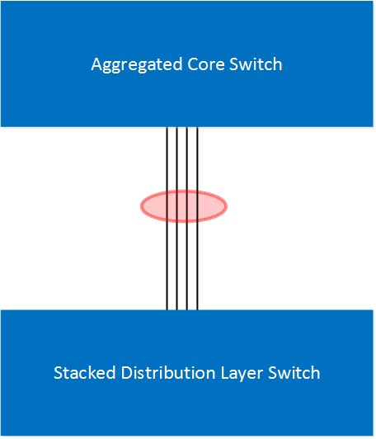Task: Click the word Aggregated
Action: click(x=137, y=65)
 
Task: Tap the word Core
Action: click(x=206, y=64)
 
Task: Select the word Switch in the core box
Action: click(x=256, y=64)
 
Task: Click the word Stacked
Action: click(x=84, y=373)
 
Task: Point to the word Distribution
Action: click(x=168, y=373)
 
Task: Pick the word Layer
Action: click(x=242, y=374)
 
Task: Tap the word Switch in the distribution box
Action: click(x=294, y=373)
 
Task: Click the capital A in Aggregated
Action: click(x=96, y=64)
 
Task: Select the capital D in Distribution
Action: click(x=127, y=373)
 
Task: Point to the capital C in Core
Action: click(x=193, y=64)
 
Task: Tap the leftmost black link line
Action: click(x=167, y=219)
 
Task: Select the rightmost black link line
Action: click(x=197, y=219)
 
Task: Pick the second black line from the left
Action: click(x=176, y=219)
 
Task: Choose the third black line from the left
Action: click(x=187, y=219)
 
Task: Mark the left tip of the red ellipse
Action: click(x=140, y=206)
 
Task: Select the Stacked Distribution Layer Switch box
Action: click(x=187, y=406)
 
